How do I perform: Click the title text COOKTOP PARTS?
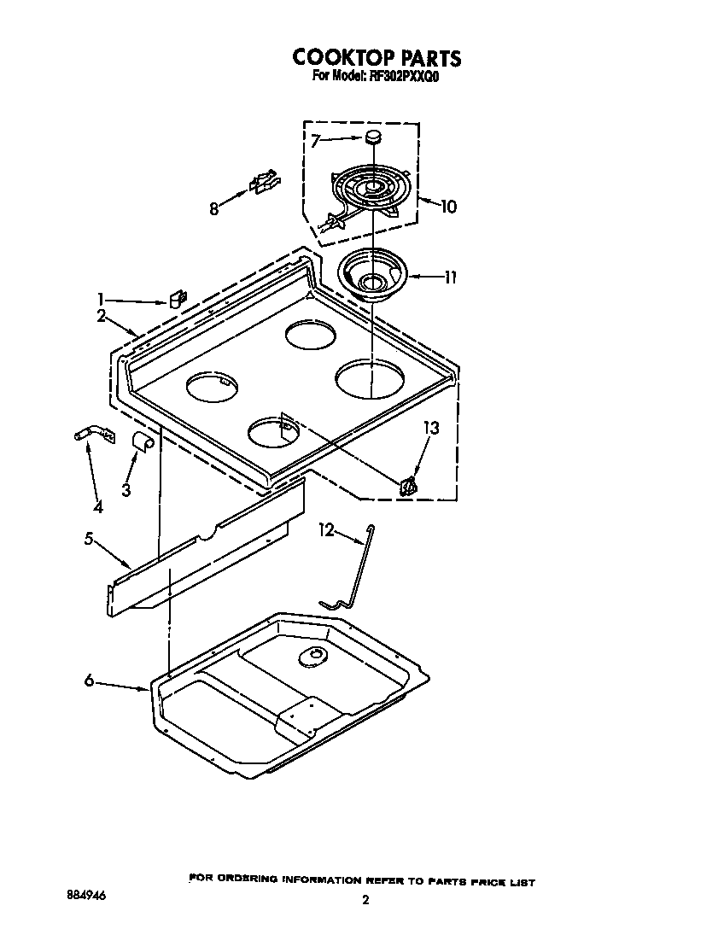tap(377, 57)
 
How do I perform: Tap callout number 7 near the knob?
tap(315, 142)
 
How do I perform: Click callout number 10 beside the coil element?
tap(448, 206)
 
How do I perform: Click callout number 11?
tap(451, 277)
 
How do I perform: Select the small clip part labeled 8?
tap(264, 181)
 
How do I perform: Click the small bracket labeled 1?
tap(178, 300)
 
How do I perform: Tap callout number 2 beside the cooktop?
tap(102, 316)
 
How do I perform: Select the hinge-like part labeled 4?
tap(90, 436)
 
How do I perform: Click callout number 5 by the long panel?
tap(89, 539)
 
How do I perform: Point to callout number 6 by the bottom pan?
tap(90, 681)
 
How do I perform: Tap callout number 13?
tap(432, 429)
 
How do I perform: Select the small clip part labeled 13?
tap(409, 486)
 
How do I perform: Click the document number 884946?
tap(88, 897)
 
